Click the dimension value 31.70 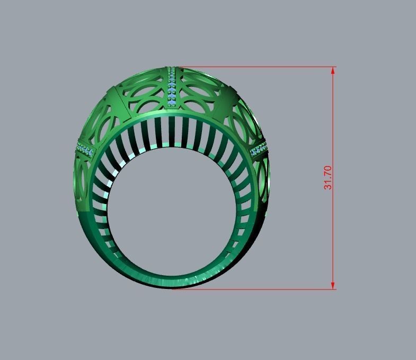coord(328,178)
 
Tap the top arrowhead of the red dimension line coord(333,71)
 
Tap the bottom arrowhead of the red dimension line coord(333,285)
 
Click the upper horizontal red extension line coord(254,67)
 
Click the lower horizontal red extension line coord(254,289)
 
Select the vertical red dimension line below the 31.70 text coord(333,239)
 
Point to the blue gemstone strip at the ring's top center coord(172,87)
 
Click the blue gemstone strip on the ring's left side coord(84,150)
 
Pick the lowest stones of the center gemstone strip coord(172,102)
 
